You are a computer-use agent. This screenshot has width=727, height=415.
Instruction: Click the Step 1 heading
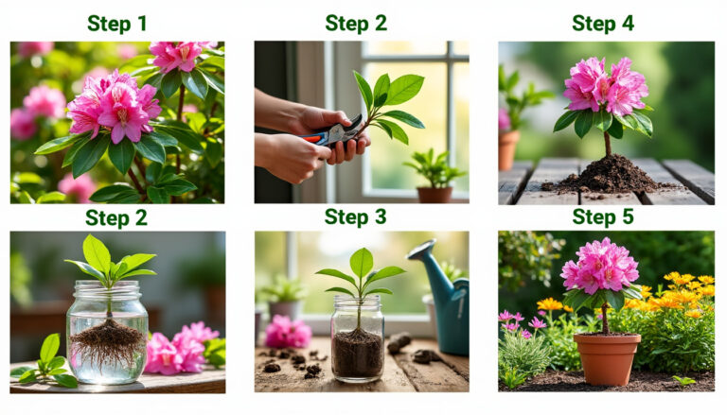116,24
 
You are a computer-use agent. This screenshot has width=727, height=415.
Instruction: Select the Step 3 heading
355,217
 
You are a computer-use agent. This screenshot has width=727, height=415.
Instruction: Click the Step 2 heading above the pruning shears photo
356,24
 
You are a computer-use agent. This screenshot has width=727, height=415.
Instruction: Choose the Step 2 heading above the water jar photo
116,218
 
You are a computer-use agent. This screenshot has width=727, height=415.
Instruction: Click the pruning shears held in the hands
333,133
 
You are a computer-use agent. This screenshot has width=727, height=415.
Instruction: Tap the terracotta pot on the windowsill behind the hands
434,194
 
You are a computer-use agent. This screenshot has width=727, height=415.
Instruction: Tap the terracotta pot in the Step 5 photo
607,357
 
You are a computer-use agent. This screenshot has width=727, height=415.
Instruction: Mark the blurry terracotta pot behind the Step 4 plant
509,148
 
